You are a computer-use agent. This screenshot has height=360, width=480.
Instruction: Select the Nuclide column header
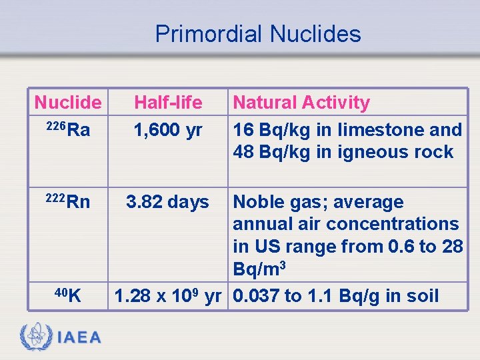click(67, 103)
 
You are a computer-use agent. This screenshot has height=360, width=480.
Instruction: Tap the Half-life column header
click(168, 103)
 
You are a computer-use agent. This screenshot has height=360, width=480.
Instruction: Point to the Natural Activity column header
click(301, 103)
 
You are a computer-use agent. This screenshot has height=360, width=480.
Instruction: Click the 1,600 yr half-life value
click(168, 130)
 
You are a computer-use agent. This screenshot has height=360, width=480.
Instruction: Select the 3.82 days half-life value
click(168, 202)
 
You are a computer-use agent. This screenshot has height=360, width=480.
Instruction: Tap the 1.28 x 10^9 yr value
click(168, 295)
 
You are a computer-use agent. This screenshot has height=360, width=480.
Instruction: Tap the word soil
click(423, 295)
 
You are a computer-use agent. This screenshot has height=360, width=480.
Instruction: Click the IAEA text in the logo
click(79, 338)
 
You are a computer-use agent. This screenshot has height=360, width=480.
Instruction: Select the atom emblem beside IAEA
click(36, 337)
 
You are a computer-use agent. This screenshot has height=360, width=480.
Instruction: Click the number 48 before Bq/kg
click(243, 152)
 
